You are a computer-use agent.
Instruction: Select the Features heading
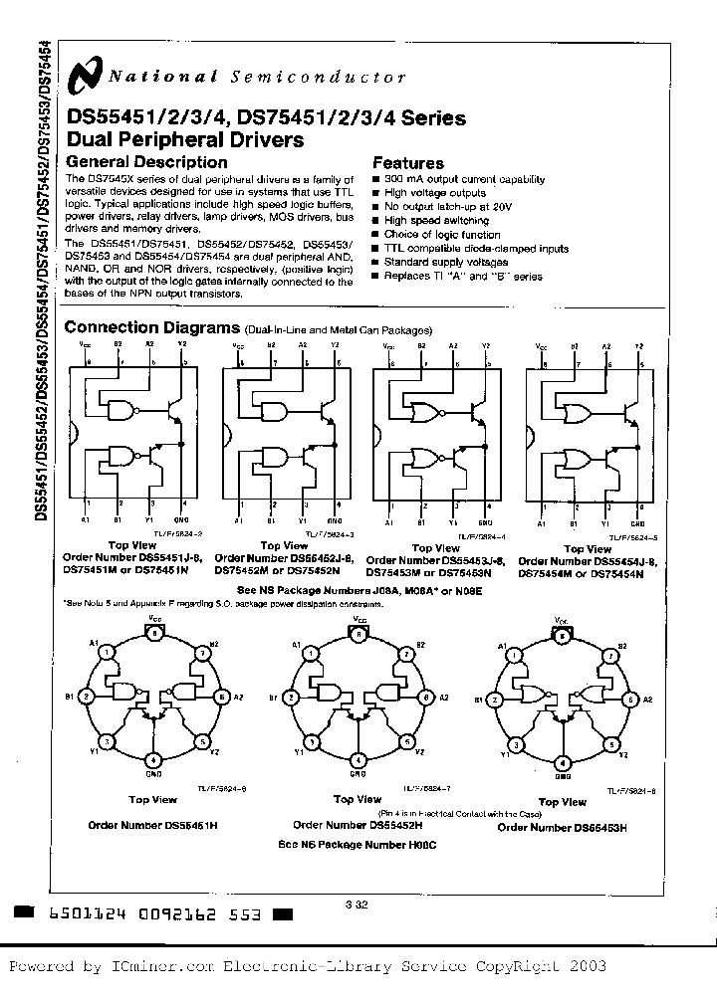pos(407,163)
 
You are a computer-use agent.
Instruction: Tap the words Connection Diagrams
pos(151,328)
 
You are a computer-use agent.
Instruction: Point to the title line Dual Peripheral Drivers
pos(184,140)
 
